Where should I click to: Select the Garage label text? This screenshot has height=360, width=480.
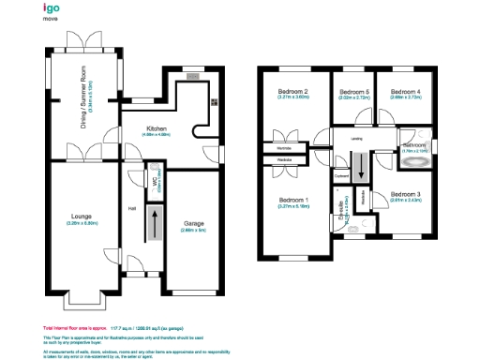193,223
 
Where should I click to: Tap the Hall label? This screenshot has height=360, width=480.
132,207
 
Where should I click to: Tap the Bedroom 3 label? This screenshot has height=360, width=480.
405,193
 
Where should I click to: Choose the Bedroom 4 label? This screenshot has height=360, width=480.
405,91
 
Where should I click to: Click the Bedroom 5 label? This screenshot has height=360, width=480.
353,91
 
